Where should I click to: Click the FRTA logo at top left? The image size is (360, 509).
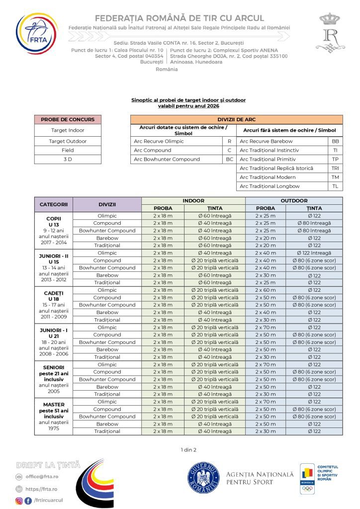pyautogui.click(x=36, y=34)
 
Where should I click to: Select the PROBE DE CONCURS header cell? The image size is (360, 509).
pyautogui.click(x=68, y=119)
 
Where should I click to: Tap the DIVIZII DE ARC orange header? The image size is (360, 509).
pyautogui.click(x=236, y=119)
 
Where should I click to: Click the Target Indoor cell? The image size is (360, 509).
pyautogui.click(x=68, y=130)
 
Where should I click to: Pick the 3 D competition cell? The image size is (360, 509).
pyautogui.click(x=68, y=159)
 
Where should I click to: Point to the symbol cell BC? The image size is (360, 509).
pyautogui.click(x=229, y=159)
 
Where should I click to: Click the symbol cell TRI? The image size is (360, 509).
pyautogui.click(x=335, y=168)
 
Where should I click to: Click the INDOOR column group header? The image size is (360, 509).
pyautogui.click(x=193, y=201)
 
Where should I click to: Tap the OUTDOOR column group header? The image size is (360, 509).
pyautogui.click(x=294, y=201)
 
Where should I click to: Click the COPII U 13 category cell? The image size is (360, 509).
pyautogui.click(x=54, y=231)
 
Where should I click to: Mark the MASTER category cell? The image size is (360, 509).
pyautogui.click(x=54, y=417)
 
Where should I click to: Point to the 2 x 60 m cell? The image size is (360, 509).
pyautogui.click(x=266, y=290)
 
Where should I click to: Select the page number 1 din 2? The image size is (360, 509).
pyautogui.click(x=188, y=450)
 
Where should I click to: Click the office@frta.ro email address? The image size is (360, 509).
pyautogui.click(x=42, y=477)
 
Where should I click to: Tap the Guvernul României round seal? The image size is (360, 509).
pyautogui.click(x=203, y=478)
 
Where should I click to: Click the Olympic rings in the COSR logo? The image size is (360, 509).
pyautogui.click(x=307, y=489)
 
